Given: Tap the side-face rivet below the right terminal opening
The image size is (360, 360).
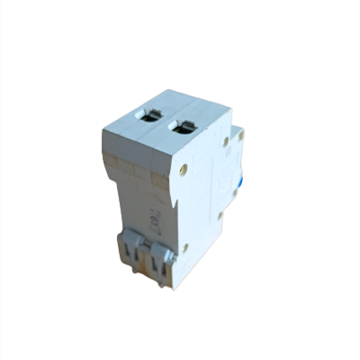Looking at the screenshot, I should point(184,167).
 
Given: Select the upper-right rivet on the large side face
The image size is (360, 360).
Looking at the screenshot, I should point(225,141).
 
